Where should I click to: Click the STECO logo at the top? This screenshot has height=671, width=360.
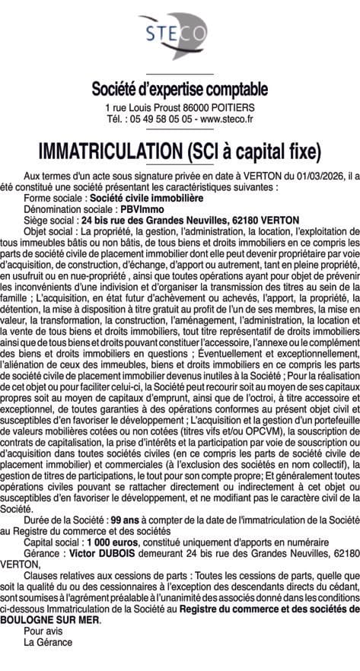(180, 34)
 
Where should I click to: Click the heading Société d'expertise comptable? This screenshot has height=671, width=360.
(180, 89)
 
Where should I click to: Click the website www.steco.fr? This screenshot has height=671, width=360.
(226, 119)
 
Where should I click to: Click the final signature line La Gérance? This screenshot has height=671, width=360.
(47, 641)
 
